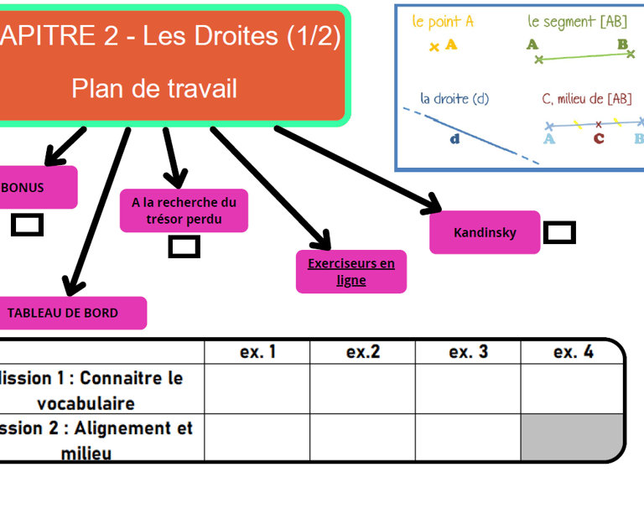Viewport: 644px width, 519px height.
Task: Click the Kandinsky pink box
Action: click(x=485, y=232)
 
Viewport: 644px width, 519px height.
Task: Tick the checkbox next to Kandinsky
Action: click(x=559, y=232)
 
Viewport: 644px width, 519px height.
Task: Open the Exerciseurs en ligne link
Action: click(x=351, y=272)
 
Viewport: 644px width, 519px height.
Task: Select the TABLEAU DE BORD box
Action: click(x=67, y=313)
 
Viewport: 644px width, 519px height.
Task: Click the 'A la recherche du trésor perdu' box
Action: click(x=184, y=210)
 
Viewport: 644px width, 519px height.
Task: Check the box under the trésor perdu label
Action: click(x=184, y=247)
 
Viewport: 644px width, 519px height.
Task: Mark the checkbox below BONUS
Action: click(x=27, y=225)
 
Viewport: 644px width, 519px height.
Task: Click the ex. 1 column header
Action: click(x=257, y=352)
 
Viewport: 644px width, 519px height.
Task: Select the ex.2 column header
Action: click(x=362, y=352)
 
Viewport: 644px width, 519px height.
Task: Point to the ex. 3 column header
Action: click(x=468, y=352)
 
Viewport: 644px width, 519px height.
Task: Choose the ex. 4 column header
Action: click(x=573, y=352)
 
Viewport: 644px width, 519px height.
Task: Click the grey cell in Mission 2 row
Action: click(x=572, y=437)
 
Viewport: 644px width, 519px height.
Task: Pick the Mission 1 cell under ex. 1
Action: click(x=257, y=388)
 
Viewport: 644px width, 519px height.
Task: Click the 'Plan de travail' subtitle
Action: click(x=154, y=89)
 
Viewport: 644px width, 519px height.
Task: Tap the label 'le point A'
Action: click(x=443, y=22)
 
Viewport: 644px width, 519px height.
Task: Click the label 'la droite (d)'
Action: click(x=454, y=99)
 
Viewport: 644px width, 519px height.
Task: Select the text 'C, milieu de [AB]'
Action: click(x=587, y=99)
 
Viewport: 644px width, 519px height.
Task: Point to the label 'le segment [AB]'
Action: click(x=577, y=22)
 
